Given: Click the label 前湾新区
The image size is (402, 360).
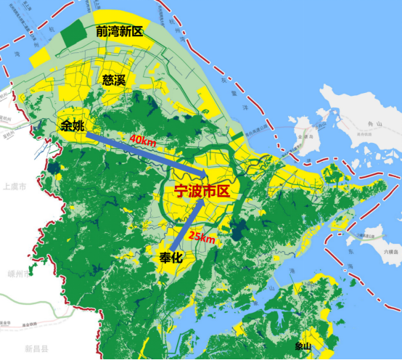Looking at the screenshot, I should [x=120, y=31].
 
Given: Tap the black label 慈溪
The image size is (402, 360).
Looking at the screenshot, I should [x=114, y=79].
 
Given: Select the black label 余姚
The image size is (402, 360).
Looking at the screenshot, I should [x=73, y=126].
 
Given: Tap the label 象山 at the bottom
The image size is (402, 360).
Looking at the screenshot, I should [x=303, y=347].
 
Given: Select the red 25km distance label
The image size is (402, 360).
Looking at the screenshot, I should [x=201, y=238].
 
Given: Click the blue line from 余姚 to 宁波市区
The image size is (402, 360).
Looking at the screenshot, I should [x=145, y=153].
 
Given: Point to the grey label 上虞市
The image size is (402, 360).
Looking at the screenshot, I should [x=15, y=187].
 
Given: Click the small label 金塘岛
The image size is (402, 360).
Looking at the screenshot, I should [x=301, y=136].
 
